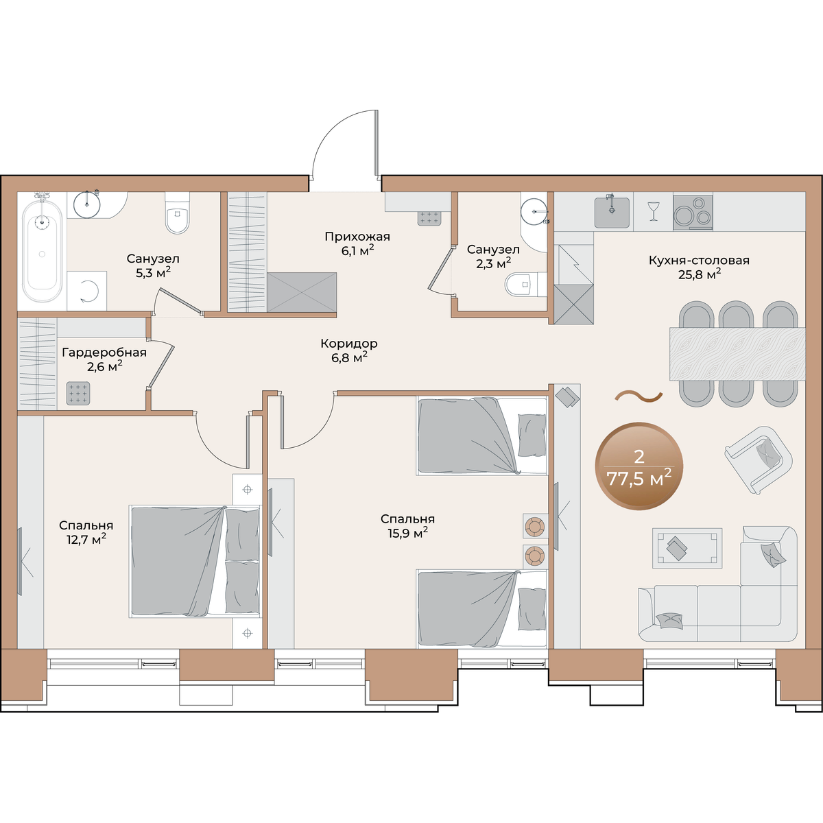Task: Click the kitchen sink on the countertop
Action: (x=612, y=212)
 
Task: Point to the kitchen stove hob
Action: (x=693, y=212)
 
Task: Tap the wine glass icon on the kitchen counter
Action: (x=653, y=211)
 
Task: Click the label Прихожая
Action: (x=357, y=236)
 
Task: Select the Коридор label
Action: (x=349, y=343)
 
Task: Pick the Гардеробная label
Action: (x=104, y=353)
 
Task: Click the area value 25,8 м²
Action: (x=700, y=274)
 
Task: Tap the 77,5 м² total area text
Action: (x=639, y=478)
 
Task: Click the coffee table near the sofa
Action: (x=687, y=548)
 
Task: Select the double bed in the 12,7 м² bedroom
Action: (x=195, y=562)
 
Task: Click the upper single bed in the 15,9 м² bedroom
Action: (x=481, y=436)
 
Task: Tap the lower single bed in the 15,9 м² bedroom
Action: (x=481, y=609)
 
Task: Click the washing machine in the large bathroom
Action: (x=86, y=290)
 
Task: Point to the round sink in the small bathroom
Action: (x=534, y=211)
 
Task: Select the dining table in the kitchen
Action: (x=737, y=354)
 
